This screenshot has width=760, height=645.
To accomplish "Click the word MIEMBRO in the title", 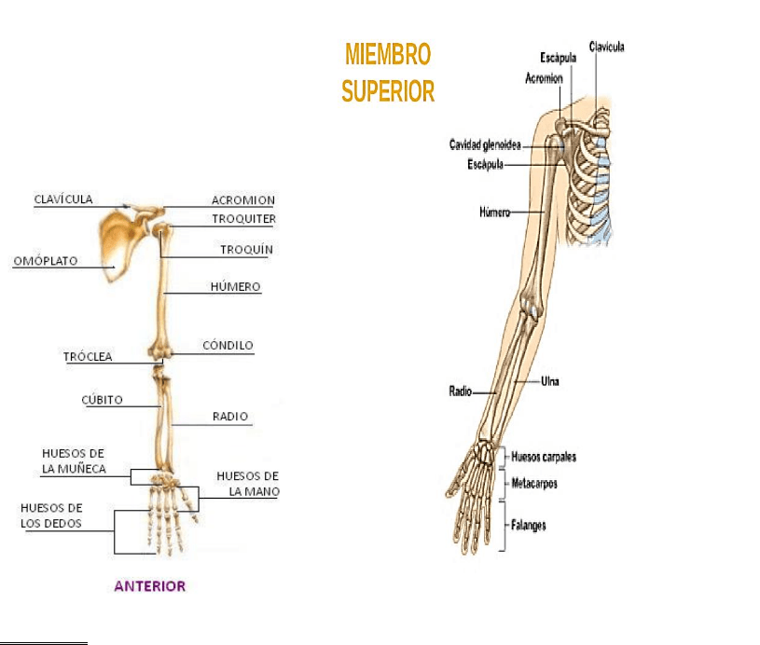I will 388,55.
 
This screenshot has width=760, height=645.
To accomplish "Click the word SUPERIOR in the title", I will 388,91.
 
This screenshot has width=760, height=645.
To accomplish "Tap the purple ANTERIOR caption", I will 150,586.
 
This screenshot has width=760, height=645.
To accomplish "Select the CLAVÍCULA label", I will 63,199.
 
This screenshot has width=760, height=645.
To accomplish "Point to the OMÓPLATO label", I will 45,261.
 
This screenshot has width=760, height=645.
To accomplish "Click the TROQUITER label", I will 243,219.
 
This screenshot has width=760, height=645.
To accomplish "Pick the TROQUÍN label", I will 246,250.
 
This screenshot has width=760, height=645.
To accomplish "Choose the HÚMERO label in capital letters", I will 235,287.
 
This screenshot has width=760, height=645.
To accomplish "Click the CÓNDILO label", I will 228,346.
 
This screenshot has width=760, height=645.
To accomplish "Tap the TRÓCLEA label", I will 88,356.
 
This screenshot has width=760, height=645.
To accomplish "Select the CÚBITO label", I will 102,400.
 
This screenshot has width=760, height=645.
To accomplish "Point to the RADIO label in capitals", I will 230,417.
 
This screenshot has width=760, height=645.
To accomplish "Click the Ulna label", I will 550,380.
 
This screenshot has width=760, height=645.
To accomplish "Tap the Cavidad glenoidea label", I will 485,145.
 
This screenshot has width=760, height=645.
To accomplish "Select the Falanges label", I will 529,525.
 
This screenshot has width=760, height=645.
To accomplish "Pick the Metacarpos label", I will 534,484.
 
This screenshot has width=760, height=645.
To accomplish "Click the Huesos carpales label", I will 544,457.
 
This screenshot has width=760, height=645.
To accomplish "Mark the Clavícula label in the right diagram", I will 606,46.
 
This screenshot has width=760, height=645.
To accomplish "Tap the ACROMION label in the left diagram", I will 242,200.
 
